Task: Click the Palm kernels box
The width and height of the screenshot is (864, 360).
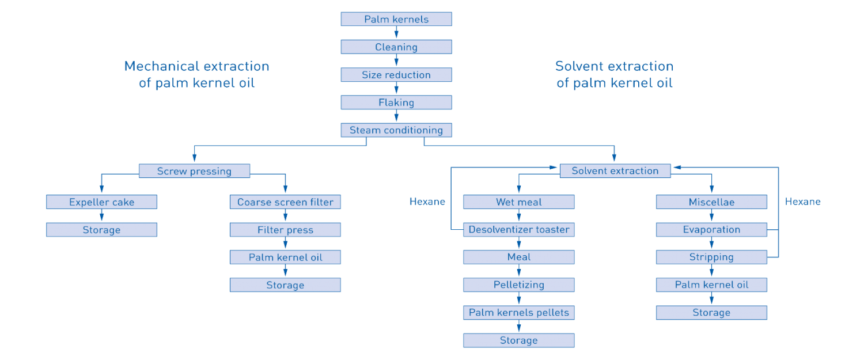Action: pos(396,19)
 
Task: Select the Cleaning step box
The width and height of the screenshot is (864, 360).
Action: pos(396,47)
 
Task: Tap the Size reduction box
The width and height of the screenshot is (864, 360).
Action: pos(396,74)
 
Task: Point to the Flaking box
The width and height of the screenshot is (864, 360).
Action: pos(396,102)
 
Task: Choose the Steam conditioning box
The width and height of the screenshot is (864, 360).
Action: pos(396,130)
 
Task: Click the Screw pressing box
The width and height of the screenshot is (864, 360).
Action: pos(194,170)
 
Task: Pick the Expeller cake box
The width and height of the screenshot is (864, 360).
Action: pos(101,202)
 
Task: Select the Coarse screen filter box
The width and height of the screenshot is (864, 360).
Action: pos(285,202)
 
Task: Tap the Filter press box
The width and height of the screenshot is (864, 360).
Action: pos(285,229)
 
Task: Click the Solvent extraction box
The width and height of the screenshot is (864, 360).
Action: pos(615,170)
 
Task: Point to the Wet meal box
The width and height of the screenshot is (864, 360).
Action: pos(519,202)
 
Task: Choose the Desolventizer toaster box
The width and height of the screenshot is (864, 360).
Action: pos(519,229)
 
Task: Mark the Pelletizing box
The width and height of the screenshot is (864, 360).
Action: pos(519,285)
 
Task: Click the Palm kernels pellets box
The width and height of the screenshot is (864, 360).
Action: pos(519,312)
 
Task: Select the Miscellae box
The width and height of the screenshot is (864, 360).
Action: pos(711,202)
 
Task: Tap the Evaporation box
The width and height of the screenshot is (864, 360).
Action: pos(711,229)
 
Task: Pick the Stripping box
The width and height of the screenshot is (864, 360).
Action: pos(711,257)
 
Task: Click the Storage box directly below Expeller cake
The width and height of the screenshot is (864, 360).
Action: pos(101,229)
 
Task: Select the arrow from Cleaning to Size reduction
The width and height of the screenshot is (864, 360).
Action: pos(396,60)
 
